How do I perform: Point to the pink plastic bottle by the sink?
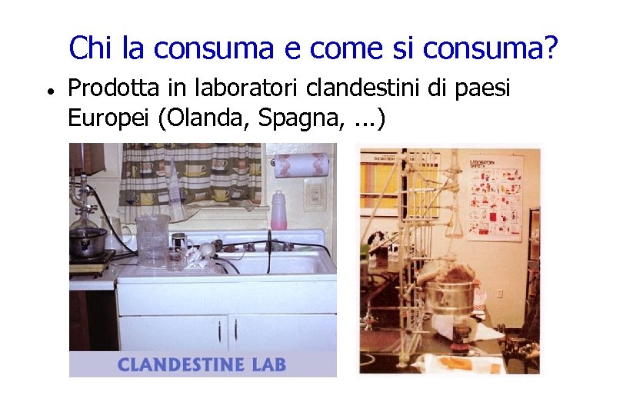click(278, 210)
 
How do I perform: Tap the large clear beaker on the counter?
click(152, 238)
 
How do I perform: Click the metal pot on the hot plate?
click(88, 242)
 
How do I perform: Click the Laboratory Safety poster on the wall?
click(494, 196)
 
